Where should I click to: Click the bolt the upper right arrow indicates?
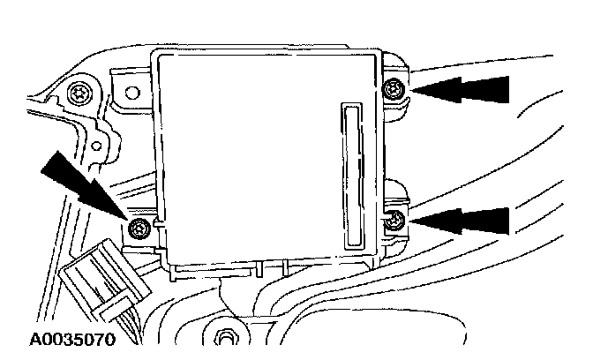(394, 87)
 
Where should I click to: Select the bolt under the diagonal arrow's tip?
(136, 229)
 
